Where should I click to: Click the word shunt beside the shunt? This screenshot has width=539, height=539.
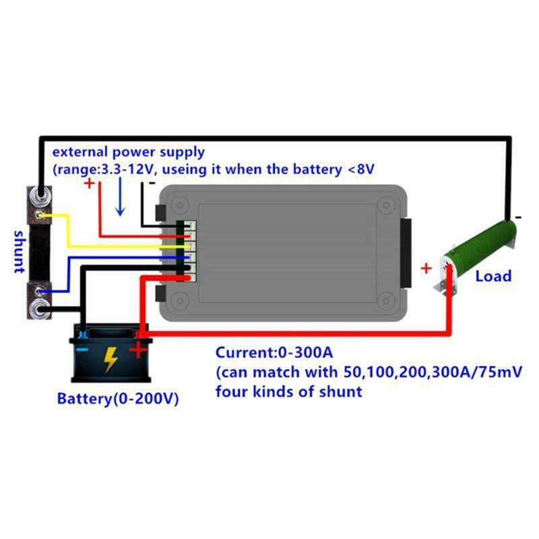point(19,251)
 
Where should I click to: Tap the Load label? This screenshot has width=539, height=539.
point(493,276)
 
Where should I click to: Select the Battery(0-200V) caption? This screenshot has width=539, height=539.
point(118,398)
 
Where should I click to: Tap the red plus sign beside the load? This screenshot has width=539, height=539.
point(426,269)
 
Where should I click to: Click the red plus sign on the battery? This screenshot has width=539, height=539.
point(137,349)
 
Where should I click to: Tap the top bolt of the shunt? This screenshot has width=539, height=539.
point(40,195)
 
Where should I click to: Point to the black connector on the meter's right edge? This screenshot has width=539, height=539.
point(404,252)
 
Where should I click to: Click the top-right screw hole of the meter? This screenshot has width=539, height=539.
point(383,202)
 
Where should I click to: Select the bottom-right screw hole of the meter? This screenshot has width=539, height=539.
point(383,301)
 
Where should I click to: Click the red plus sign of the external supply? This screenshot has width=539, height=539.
point(90,183)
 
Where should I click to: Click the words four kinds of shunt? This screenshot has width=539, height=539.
point(288,391)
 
